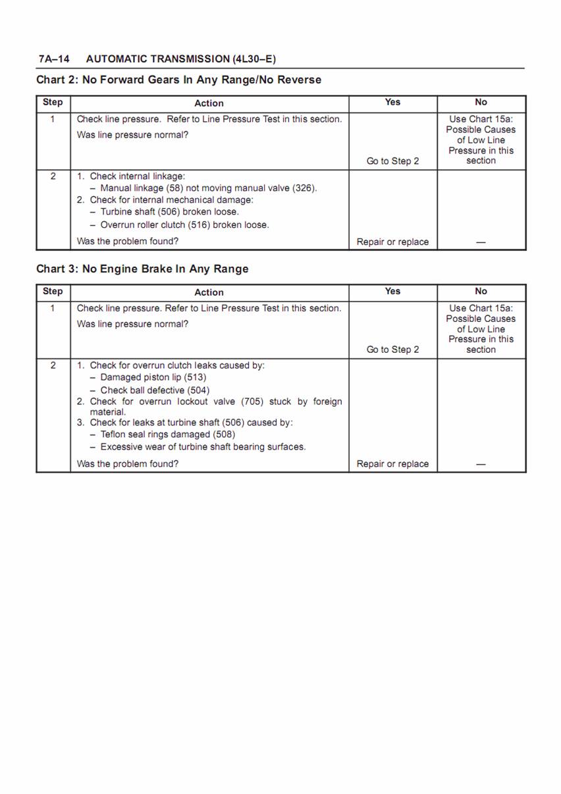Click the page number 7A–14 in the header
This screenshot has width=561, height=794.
point(54,59)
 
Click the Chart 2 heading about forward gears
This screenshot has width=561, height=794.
point(178,80)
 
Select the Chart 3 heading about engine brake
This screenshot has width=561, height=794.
point(142,269)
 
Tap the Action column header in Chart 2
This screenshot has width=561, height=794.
point(209,103)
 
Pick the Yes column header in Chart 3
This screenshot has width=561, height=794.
point(392,291)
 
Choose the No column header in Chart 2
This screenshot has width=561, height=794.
point(481,102)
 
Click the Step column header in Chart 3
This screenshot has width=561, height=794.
point(53,291)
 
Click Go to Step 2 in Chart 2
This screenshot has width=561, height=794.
point(392,161)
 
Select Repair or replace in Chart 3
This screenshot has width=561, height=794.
point(392,464)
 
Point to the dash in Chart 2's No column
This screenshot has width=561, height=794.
point(481,242)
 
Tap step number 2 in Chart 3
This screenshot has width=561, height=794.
point(53,365)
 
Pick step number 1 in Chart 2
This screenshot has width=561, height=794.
point(53,119)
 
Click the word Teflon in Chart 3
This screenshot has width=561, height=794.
point(113,435)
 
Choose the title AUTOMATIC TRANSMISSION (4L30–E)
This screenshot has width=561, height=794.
point(181,59)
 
